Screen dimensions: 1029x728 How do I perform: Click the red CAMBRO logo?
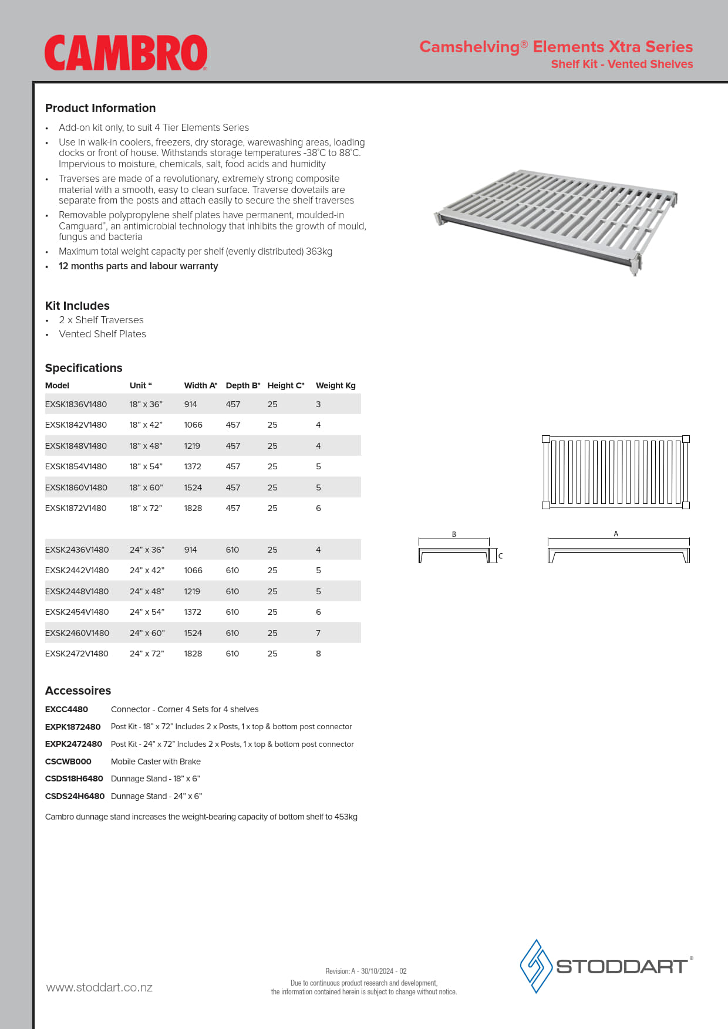[126, 53]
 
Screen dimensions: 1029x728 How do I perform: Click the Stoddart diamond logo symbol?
[535, 966]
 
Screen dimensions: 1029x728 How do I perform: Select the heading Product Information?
[100, 108]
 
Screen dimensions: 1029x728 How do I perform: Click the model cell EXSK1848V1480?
[76, 446]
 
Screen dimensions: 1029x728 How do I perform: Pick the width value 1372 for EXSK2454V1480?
[193, 612]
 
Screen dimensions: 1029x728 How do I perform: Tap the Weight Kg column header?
[335, 385]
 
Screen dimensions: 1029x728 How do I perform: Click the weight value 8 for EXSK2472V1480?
[318, 654]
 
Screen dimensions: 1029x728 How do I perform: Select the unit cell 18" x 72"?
[146, 508]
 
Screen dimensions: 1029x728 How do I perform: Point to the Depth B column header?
[242, 385]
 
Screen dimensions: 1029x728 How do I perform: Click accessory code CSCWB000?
[68, 761]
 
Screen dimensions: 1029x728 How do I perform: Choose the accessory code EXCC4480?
[66, 709]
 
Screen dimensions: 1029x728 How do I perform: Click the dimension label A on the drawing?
[616, 534]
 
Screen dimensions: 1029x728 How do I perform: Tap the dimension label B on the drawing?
[454, 534]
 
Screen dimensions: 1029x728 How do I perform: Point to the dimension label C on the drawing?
[501, 556]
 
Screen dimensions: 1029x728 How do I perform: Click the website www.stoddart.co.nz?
[99, 987]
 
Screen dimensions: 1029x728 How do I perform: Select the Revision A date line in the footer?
[366, 971]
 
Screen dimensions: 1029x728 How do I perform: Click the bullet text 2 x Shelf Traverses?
[101, 320]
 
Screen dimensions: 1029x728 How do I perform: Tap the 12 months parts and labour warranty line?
[138, 266]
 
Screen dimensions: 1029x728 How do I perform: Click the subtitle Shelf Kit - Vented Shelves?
[622, 64]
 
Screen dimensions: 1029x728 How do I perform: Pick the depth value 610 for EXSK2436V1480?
[232, 550]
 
